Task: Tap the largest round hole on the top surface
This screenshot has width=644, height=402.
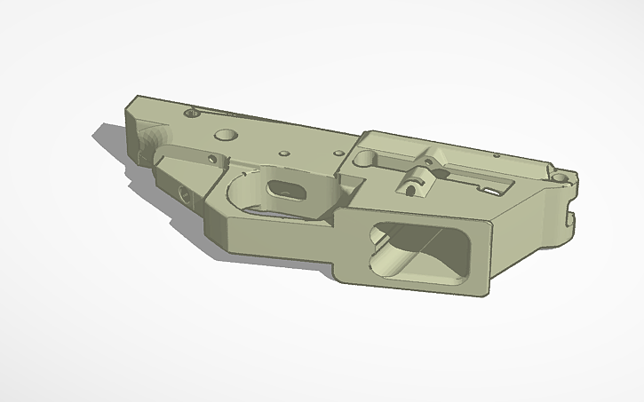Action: click(226, 134)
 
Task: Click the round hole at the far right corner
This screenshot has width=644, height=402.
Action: click(560, 177)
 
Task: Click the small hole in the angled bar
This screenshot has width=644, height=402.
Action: click(211, 160)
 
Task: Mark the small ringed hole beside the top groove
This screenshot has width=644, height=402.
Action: click(189, 114)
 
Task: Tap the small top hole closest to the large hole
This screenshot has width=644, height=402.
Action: click(283, 154)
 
